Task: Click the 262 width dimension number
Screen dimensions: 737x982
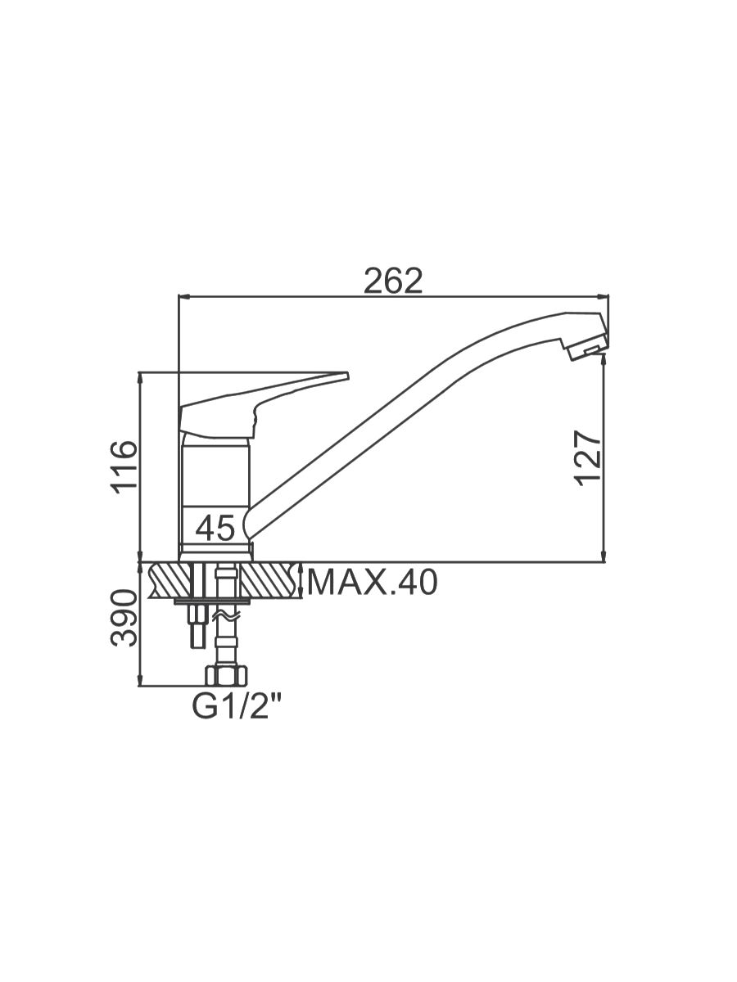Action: [393, 281]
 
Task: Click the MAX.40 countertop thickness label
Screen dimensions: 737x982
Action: [372, 583]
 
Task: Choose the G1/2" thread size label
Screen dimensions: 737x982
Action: [237, 706]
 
